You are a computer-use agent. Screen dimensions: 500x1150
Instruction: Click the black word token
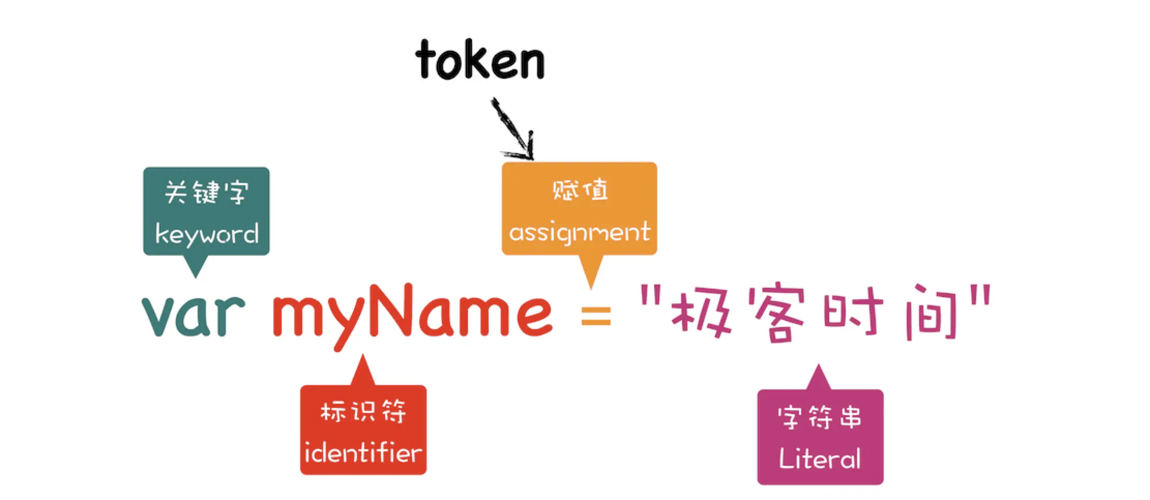coord(480,61)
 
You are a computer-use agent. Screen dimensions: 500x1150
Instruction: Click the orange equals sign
coord(596,316)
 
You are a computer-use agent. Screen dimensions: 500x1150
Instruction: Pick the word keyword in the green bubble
coord(207,234)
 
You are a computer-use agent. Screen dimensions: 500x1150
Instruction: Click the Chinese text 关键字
coord(207,192)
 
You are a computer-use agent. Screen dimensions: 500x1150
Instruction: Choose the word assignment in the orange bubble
coord(579,232)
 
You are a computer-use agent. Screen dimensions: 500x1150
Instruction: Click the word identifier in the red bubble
coord(363,453)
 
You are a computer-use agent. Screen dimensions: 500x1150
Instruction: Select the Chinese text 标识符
coord(363,412)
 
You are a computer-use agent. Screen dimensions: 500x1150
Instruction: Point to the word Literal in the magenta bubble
coord(820,459)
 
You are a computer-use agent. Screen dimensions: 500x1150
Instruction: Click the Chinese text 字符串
coord(820,417)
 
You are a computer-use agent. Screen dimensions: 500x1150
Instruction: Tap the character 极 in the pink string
coord(701,314)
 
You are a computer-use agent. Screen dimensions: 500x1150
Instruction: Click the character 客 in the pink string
coord(779,315)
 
